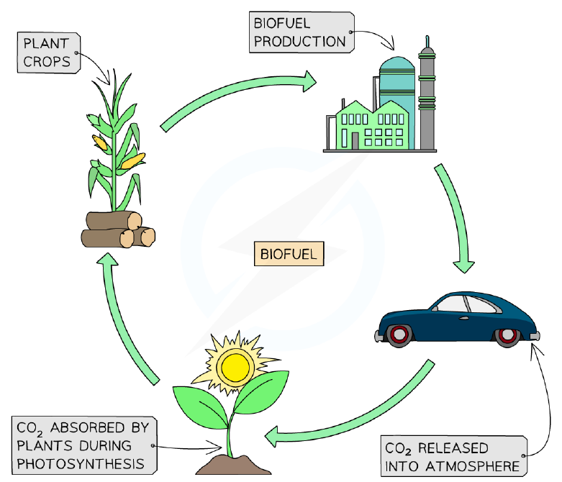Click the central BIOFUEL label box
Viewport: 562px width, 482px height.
pyautogui.click(x=289, y=254)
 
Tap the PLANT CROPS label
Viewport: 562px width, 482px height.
pyautogui.click(x=49, y=53)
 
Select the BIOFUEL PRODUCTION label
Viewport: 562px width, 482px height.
pyautogui.click(x=302, y=32)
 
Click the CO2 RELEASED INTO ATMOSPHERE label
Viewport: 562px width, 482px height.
pyautogui.click(x=454, y=456)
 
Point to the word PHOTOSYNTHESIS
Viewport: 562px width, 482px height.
pyautogui.click(x=81, y=464)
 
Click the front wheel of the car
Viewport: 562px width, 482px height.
pyautogui.click(x=507, y=336)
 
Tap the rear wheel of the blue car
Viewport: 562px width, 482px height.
pyautogui.click(x=399, y=335)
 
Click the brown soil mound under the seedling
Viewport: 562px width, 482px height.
pyautogui.click(x=233, y=465)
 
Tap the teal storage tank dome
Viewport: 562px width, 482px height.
pyautogui.click(x=396, y=65)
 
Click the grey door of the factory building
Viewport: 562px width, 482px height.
pyautogui.click(x=355, y=141)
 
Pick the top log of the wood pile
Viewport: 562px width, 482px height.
pyautogui.click(x=114, y=220)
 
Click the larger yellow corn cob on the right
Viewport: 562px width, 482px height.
pyautogui.click(x=133, y=161)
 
